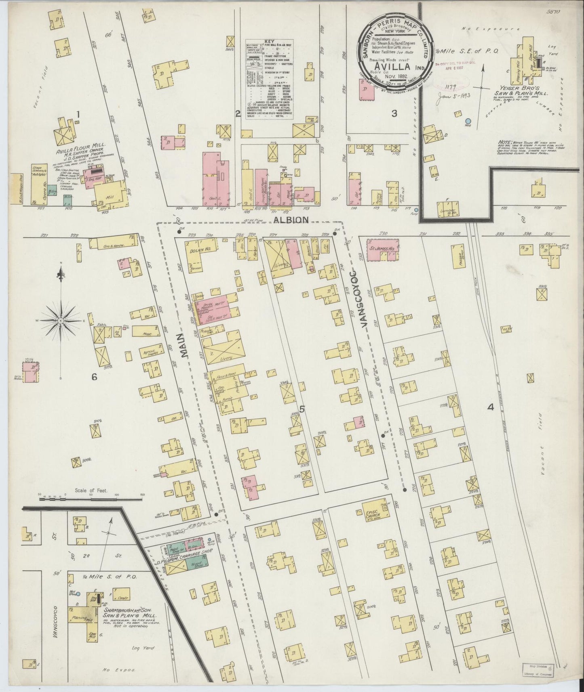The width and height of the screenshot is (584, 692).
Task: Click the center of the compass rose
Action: click(60, 320)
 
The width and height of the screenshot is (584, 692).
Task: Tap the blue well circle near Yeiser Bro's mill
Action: click(468, 121)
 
